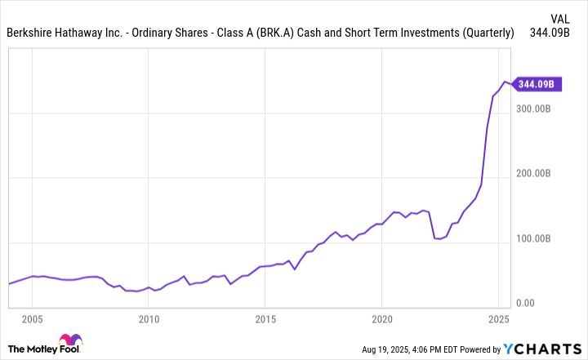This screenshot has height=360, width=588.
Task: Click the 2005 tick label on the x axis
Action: coord(32,318)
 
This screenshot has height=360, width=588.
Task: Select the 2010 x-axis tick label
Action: coord(148,318)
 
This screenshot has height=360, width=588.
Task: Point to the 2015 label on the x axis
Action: coord(265,318)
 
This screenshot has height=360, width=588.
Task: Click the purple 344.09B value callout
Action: coord(536,84)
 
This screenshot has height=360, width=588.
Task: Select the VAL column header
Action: coord(559,17)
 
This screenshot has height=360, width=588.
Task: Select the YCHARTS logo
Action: coord(542,348)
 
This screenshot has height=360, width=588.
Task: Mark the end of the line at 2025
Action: coord(511,84)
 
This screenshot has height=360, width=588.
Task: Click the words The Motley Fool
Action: coord(33,349)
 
